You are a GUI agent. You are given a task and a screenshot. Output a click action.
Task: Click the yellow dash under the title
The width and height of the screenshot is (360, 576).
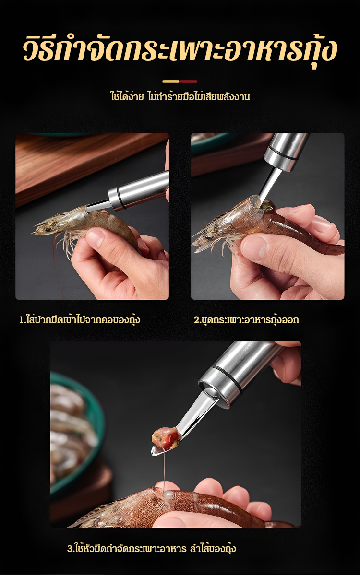click(x=170, y=82)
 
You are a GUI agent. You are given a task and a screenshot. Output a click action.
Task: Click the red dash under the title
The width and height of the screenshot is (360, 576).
click(x=189, y=82)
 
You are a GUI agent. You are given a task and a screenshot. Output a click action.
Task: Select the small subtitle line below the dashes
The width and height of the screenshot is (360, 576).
click(x=180, y=96)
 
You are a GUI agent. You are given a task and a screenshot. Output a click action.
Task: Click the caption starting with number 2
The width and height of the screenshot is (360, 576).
click(x=246, y=320)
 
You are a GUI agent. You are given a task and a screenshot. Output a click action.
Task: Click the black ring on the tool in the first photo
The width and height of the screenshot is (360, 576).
click(x=120, y=200)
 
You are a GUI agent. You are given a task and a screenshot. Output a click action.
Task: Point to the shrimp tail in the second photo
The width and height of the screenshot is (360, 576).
click(x=335, y=249)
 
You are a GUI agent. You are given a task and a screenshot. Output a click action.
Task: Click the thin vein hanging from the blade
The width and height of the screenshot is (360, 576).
click(x=164, y=463)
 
